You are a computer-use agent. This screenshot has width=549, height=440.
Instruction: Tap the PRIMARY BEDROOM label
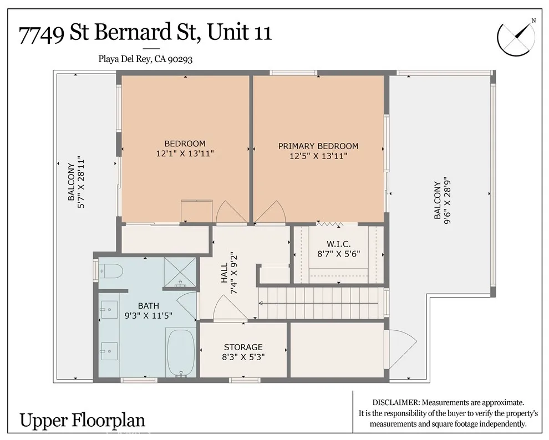[318, 146]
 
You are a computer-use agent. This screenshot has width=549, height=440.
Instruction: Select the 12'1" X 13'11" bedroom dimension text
[185, 153]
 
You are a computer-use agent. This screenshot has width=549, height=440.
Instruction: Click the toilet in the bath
[110, 270]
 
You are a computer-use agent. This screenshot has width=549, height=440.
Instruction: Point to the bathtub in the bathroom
[181, 353]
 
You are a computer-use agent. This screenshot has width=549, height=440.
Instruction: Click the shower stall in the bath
[180, 273]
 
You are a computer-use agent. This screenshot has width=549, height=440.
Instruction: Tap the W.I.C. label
[339, 244]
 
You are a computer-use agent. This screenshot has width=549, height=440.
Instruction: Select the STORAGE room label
[243, 347]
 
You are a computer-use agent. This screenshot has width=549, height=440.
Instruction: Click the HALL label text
[225, 273]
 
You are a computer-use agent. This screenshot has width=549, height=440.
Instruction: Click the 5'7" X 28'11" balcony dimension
[81, 182]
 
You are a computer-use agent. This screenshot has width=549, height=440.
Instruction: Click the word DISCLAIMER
[395, 402]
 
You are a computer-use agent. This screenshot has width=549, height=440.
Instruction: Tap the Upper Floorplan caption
[82, 420]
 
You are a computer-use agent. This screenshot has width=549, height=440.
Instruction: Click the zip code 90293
[180, 59]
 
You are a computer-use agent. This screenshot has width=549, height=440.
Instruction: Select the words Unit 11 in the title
[240, 32]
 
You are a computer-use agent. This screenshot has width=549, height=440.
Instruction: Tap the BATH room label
[149, 306]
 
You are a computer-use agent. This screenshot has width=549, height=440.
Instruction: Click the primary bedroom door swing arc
[270, 211]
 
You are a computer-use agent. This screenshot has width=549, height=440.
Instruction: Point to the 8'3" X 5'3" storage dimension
[243, 357]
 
